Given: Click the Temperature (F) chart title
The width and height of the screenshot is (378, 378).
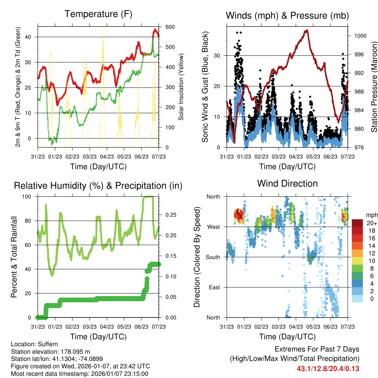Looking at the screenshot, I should tap(98, 14).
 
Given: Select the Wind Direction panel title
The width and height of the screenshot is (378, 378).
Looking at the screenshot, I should tap(287, 183).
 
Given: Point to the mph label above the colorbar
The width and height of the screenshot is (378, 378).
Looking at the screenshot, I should tap(371, 215).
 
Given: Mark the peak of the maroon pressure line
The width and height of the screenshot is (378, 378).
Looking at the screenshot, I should tap(306, 30).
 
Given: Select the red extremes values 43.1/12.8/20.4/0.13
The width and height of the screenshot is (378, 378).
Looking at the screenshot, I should tap(328, 368).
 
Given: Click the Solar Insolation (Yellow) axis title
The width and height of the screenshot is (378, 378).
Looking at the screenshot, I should tap(181, 87).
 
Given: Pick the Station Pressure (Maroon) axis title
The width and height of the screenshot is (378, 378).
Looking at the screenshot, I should tap(374, 87).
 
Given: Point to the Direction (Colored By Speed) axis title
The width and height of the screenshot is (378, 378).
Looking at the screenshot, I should tap(197, 257).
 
